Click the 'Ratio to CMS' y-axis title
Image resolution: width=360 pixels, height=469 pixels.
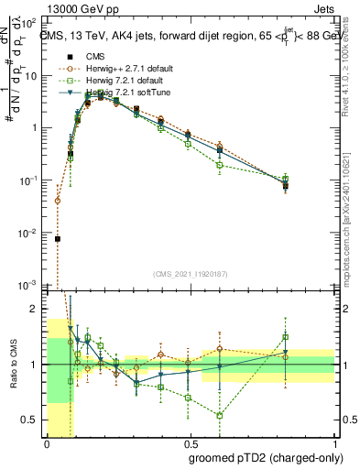[x=14, y=365]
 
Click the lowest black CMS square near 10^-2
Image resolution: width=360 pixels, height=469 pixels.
[x=58, y=238]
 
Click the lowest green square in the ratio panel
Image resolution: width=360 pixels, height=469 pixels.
[x=220, y=415]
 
